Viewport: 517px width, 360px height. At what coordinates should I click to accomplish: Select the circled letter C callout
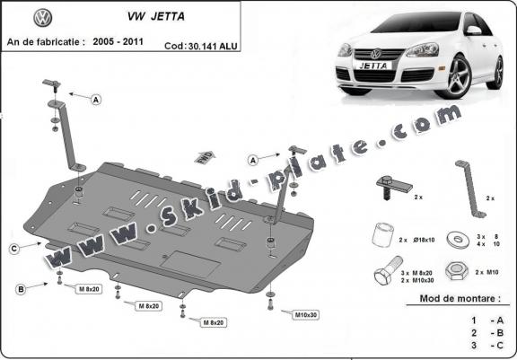click(x=14, y=247)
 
